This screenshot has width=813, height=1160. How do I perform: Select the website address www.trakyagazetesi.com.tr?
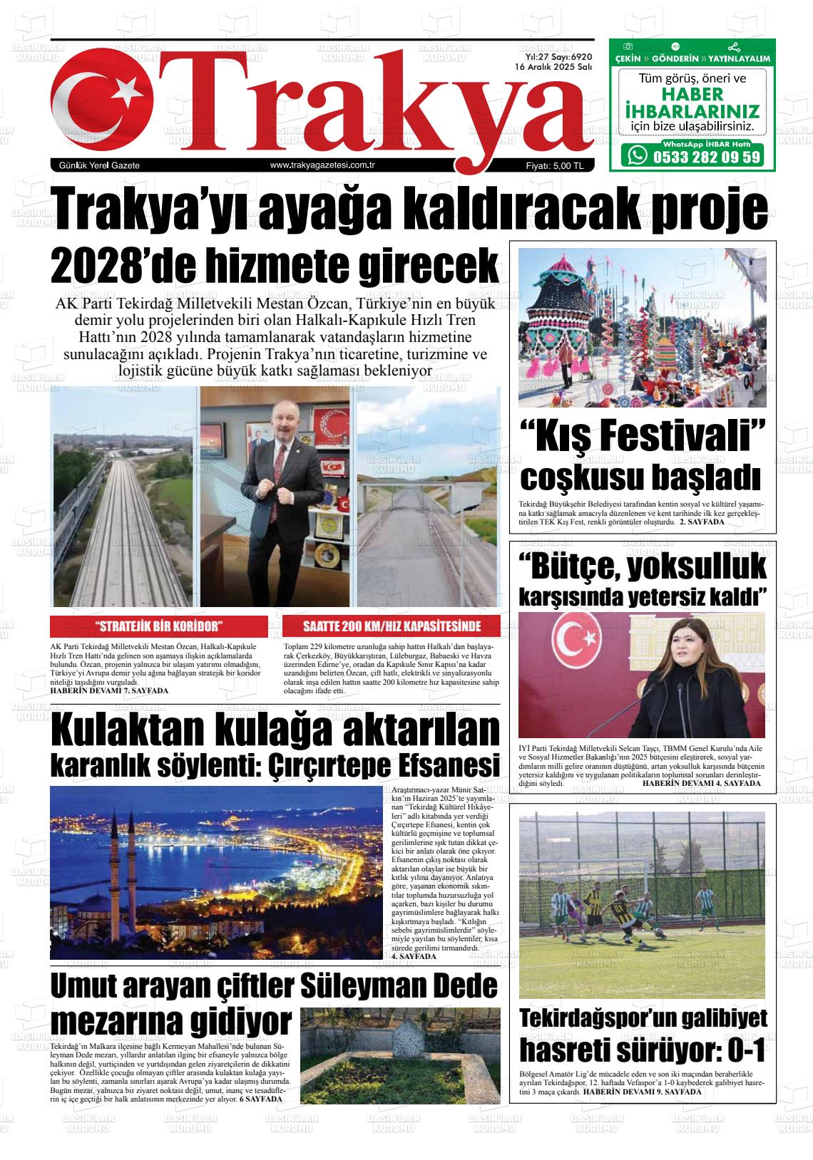click(x=323, y=165)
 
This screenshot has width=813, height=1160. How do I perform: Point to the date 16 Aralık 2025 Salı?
click(x=554, y=66)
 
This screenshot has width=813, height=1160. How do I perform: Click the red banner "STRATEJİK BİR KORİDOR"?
click(x=159, y=627)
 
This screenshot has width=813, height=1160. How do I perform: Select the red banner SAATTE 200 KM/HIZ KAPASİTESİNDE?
click(x=392, y=627)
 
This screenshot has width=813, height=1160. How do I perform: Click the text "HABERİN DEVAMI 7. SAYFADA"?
click(x=110, y=690)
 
